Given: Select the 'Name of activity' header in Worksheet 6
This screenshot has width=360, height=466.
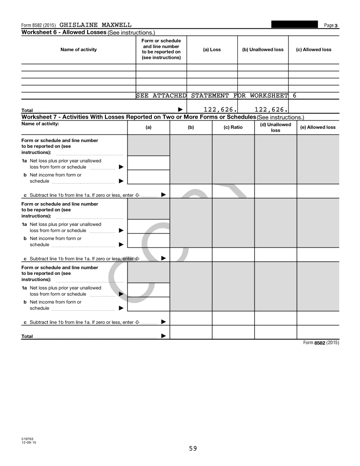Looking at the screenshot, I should (x=79, y=49).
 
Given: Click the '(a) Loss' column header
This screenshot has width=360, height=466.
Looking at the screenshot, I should (x=212, y=49).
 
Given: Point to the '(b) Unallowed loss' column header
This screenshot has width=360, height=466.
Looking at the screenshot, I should (x=263, y=49).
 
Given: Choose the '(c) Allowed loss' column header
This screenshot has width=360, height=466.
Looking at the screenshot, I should (x=314, y=49).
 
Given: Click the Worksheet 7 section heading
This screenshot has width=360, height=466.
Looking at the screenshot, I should (x=138, y=117).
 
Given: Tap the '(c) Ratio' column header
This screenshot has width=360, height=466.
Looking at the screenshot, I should (x=233, y=128).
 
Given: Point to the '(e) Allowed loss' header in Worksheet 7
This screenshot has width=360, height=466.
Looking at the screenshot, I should (x=318, y=128).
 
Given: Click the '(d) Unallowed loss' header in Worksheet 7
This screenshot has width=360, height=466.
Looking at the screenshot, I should (x=276, y=128).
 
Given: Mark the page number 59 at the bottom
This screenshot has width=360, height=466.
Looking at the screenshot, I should (x=193, y=448).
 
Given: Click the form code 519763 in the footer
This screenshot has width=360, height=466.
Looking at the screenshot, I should (x=27, y=439).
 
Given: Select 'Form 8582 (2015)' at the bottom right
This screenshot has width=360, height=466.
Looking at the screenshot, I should (x=321, y=343).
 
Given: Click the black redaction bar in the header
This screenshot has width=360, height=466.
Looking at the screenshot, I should (x=295, y=24).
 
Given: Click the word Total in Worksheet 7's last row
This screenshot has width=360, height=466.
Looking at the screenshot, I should (x=27, y=336).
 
